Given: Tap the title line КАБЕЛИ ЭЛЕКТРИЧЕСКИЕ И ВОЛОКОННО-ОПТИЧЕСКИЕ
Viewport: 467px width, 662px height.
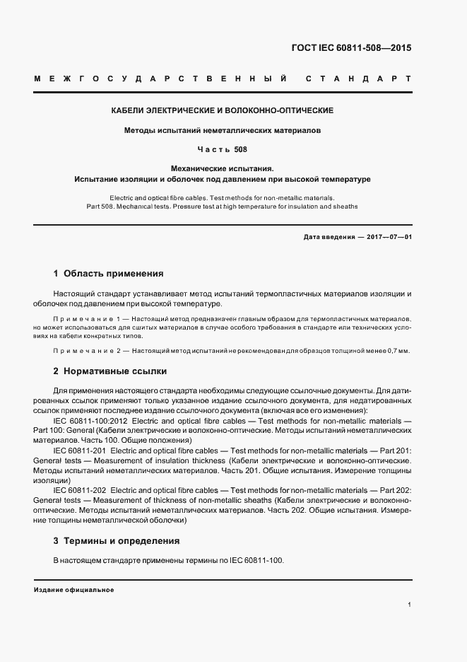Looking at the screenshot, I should coord(223,111).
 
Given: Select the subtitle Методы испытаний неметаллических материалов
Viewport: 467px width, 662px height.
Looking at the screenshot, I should coord(223,131).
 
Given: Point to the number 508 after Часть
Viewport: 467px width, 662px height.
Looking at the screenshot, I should coord(240,149).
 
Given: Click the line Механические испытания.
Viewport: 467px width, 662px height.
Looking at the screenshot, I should coord(223,168).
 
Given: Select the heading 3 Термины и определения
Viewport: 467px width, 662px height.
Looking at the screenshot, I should coord(116,541).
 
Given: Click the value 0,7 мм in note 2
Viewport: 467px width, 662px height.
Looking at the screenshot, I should coord(396,351).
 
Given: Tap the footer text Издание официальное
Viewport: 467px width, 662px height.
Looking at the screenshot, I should coord(73,590).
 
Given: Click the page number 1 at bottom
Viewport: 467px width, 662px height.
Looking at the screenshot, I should coord(409,605).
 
